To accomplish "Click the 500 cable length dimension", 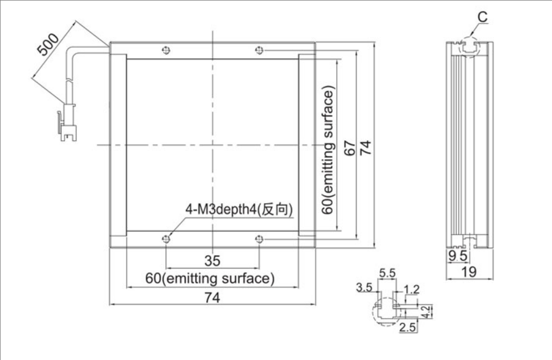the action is tap(48, 45).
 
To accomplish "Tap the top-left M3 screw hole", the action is tap(166, 50).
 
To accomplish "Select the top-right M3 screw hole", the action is tap(259, 50).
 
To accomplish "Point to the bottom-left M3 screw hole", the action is tap(166, 239).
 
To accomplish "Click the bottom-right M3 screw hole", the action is tap(259, 239).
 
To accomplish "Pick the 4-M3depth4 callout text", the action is tap(239, 209).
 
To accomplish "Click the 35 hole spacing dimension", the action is tap(213, 261).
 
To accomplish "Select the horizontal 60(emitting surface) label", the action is tap(210, 279).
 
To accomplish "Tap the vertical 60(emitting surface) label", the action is tap(328, 150).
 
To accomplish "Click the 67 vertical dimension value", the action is tap(349, 148).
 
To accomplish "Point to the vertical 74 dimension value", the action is tap(366, 148).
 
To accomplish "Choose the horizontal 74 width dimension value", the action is tap(213, 298).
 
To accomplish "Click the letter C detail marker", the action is tap(483, 17).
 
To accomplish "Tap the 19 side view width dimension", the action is tap(469, 272).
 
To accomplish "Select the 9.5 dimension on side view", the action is tap(458, 256).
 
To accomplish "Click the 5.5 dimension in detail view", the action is tap(387, 273).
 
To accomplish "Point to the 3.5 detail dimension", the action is tap(364, 288).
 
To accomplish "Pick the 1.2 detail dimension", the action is tap(411, 290).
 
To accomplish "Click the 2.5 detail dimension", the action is tap(408, 327).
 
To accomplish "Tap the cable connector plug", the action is tap(68, 122).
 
